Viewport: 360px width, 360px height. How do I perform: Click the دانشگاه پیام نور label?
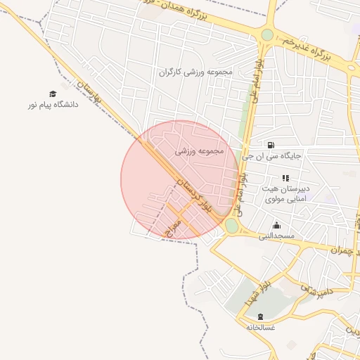pos(51,105)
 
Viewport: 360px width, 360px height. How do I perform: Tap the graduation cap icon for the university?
pos(52,94)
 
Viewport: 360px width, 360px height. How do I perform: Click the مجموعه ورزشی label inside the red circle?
pos(199,150)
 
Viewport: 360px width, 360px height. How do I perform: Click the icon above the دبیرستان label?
pos(285,179)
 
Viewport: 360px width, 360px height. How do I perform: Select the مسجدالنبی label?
pos(276,236)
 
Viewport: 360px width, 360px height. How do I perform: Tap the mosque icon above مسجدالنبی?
pos(276,225)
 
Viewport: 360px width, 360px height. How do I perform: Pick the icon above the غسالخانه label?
pos(261,316)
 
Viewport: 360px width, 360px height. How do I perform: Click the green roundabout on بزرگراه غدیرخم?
pos(267,34)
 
